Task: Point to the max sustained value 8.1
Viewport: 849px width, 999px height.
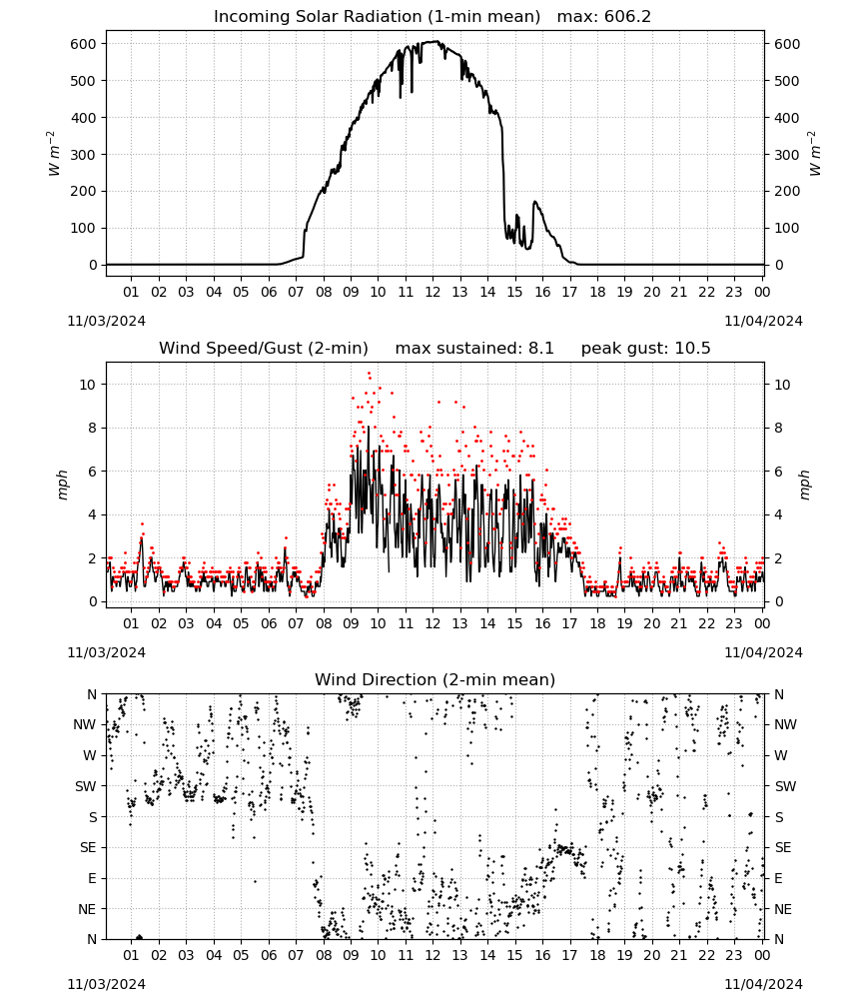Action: (540, 349)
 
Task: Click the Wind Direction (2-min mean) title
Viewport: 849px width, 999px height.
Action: (435, 679)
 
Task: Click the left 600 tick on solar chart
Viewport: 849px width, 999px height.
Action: (84, 44)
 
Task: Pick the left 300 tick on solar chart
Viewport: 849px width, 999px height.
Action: (84, 154)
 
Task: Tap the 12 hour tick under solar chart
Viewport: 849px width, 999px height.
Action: (432, 292)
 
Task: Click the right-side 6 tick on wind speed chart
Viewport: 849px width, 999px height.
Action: (778, 472)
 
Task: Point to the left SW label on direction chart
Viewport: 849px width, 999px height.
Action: (86, 786)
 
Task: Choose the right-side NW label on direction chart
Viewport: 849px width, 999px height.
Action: (785, 724)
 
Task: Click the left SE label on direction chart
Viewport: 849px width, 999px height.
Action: (88, 847)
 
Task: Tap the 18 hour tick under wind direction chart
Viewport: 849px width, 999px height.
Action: (596, 956)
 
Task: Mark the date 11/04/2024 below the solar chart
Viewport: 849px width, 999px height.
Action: (763, 321)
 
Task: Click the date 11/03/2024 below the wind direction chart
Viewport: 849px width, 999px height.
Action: (106, 984)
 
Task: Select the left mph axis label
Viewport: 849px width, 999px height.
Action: (62, 485)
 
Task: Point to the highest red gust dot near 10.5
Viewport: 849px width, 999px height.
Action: (369, 374)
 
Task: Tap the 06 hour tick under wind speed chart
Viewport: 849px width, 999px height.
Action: (268, 623)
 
